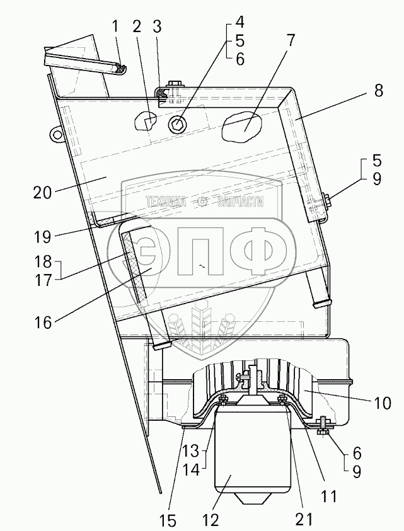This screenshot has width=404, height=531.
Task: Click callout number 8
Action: [x=378, y=91]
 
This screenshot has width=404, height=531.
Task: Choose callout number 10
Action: [x=383, y=402]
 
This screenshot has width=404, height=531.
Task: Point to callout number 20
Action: [x=42, y=193]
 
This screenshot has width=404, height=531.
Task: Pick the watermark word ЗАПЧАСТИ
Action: [x=240, y=202]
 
